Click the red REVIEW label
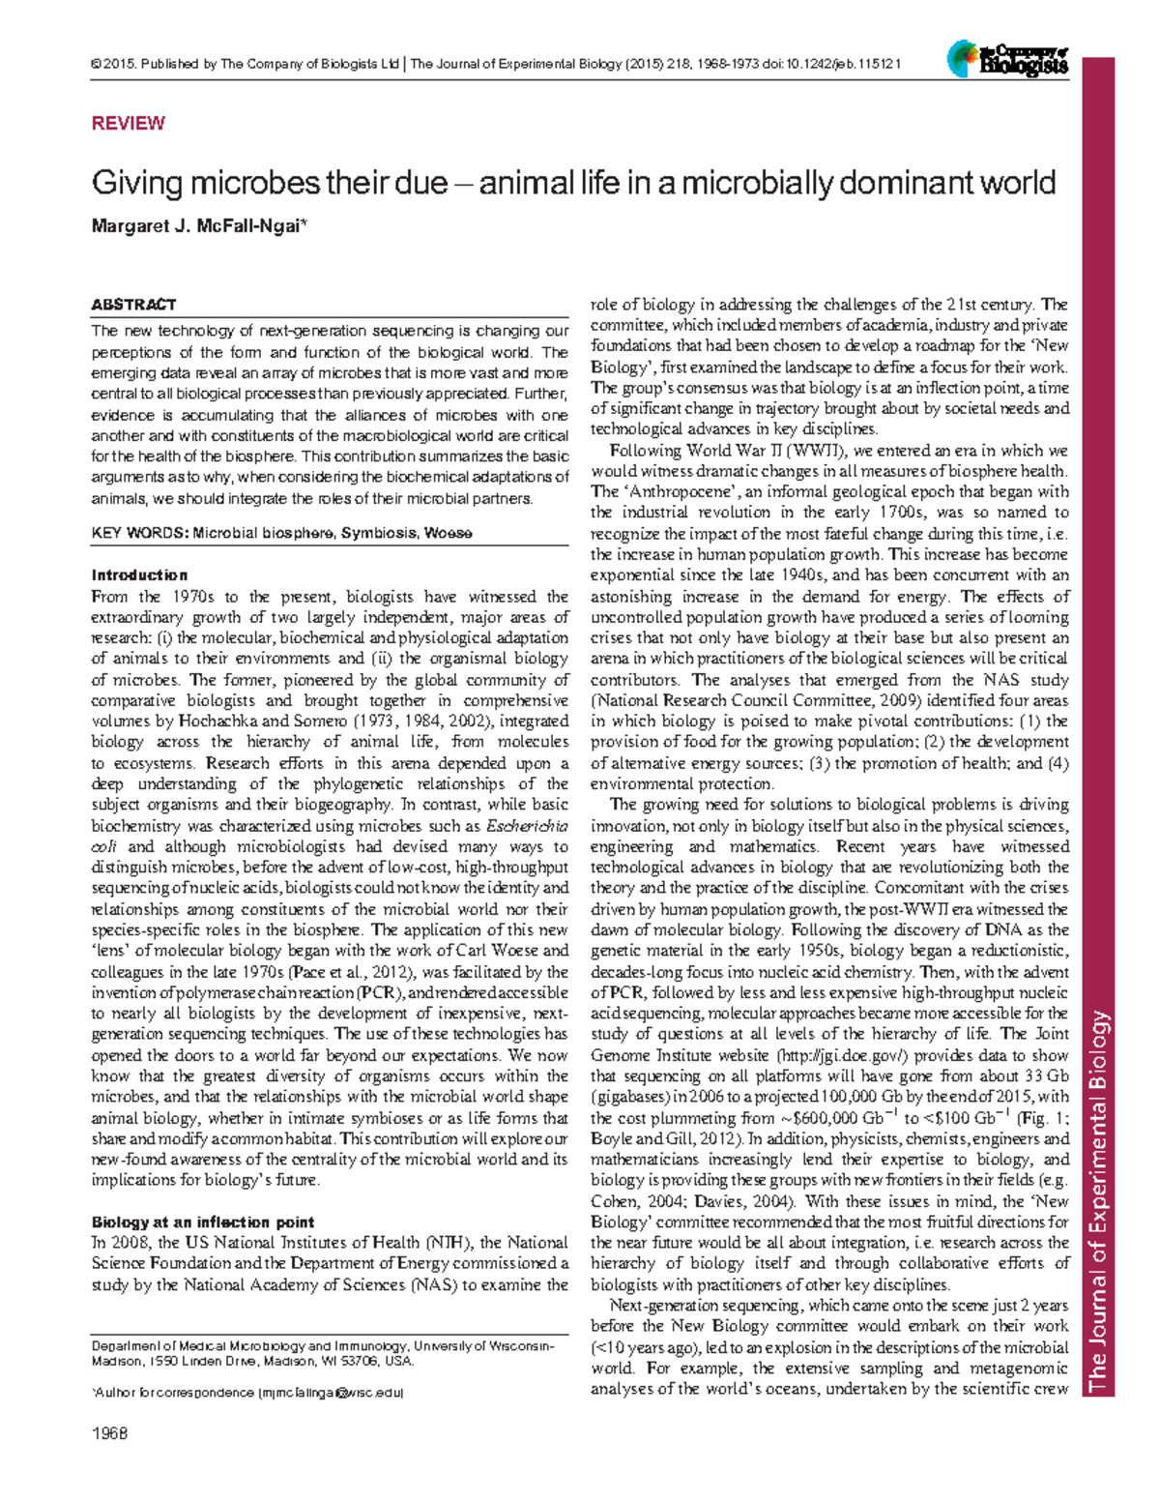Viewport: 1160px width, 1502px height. click(128, 123)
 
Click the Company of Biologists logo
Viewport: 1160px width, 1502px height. click(1008, 60)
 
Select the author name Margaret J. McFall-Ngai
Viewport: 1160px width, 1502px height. click(198, 226)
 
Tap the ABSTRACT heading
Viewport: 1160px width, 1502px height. click(133, 305)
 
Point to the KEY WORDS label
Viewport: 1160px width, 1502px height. click(139, 533)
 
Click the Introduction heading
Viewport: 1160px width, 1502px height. click(139, 575)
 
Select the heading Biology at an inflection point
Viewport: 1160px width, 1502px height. click(202, 1222)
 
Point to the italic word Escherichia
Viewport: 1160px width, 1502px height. click(527, 826)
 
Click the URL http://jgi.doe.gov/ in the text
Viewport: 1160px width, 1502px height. click(841, 1055)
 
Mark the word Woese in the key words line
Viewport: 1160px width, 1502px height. click(448, 533)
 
